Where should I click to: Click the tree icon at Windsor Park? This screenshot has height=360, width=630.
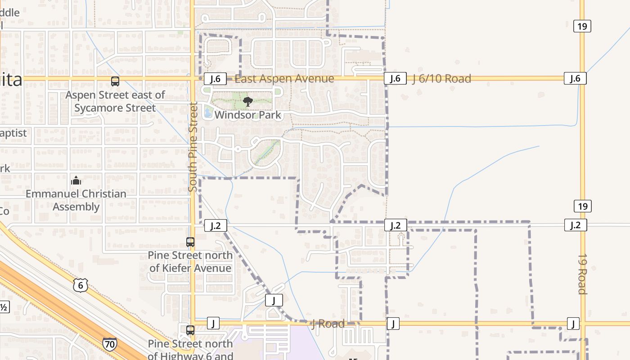click(x=247, y=102)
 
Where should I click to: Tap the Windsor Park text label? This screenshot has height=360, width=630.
click(x=248, y=115)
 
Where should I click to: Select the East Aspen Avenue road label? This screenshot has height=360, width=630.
click(x=284, y=79)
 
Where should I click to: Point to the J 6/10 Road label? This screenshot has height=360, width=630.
click(x=442, y=79)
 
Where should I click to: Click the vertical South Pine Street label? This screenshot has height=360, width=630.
click(x=193, y=147)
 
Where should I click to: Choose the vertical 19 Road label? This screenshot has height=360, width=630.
click(x=582, y=274)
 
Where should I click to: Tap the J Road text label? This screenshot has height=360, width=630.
click(x=328, y=324)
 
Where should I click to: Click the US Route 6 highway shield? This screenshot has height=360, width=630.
click(x=81, y=285)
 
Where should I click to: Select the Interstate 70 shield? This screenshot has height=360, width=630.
click(x=110, y=345)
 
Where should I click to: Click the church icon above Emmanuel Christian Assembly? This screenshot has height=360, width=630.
click(x=76, y=180)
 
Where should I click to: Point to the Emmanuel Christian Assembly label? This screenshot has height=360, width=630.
click(x=76, y=200)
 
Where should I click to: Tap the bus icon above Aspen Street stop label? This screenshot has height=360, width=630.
click(x=115, y=81)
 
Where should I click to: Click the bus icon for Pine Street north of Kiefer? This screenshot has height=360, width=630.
click(x=190, y=242)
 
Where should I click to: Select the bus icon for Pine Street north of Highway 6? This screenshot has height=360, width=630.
click(x=190, y=330)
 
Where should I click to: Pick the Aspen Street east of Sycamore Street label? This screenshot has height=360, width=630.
click(x=115, y=101)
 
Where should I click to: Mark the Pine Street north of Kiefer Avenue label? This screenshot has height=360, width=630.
click(x=190, y=261)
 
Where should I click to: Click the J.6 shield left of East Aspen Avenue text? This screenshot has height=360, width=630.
click(x=215, y=79)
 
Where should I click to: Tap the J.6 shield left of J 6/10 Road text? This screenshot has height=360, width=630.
click(x=395, y=78)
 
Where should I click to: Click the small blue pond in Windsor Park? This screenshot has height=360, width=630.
click(x=207, y=112)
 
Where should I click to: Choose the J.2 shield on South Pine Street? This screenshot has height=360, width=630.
click(x=216, y=225)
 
